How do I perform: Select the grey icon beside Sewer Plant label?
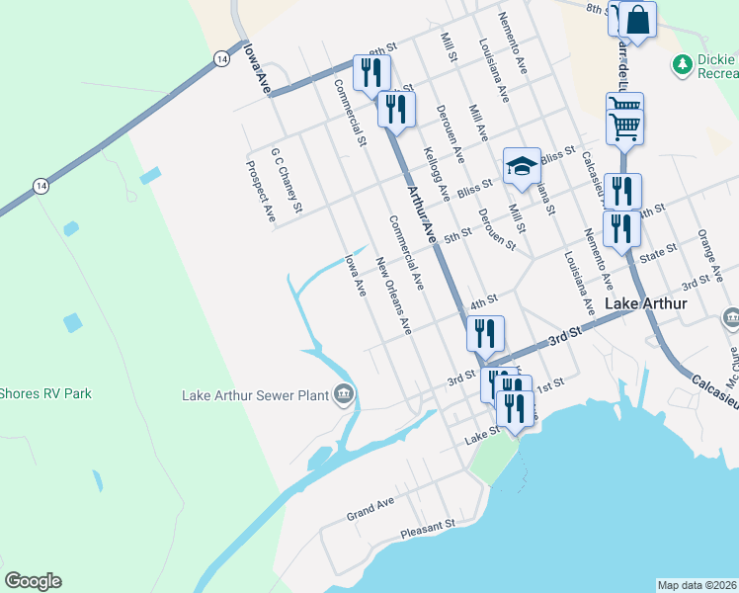[x=343, y=394]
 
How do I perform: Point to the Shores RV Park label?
[x=45, y=393]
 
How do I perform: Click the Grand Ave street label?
[x=369, y=509]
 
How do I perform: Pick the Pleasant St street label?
[x=427, y=532]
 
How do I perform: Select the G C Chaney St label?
[x=286, y=181]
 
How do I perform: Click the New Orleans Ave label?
[x=392, y=294]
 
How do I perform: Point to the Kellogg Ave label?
[x=437, y=174]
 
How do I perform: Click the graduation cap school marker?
[x=522, y=166]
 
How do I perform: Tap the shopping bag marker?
[x=638, y=21]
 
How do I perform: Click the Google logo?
[x=33, y=581]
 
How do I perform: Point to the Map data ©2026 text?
[x=697, y=585]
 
